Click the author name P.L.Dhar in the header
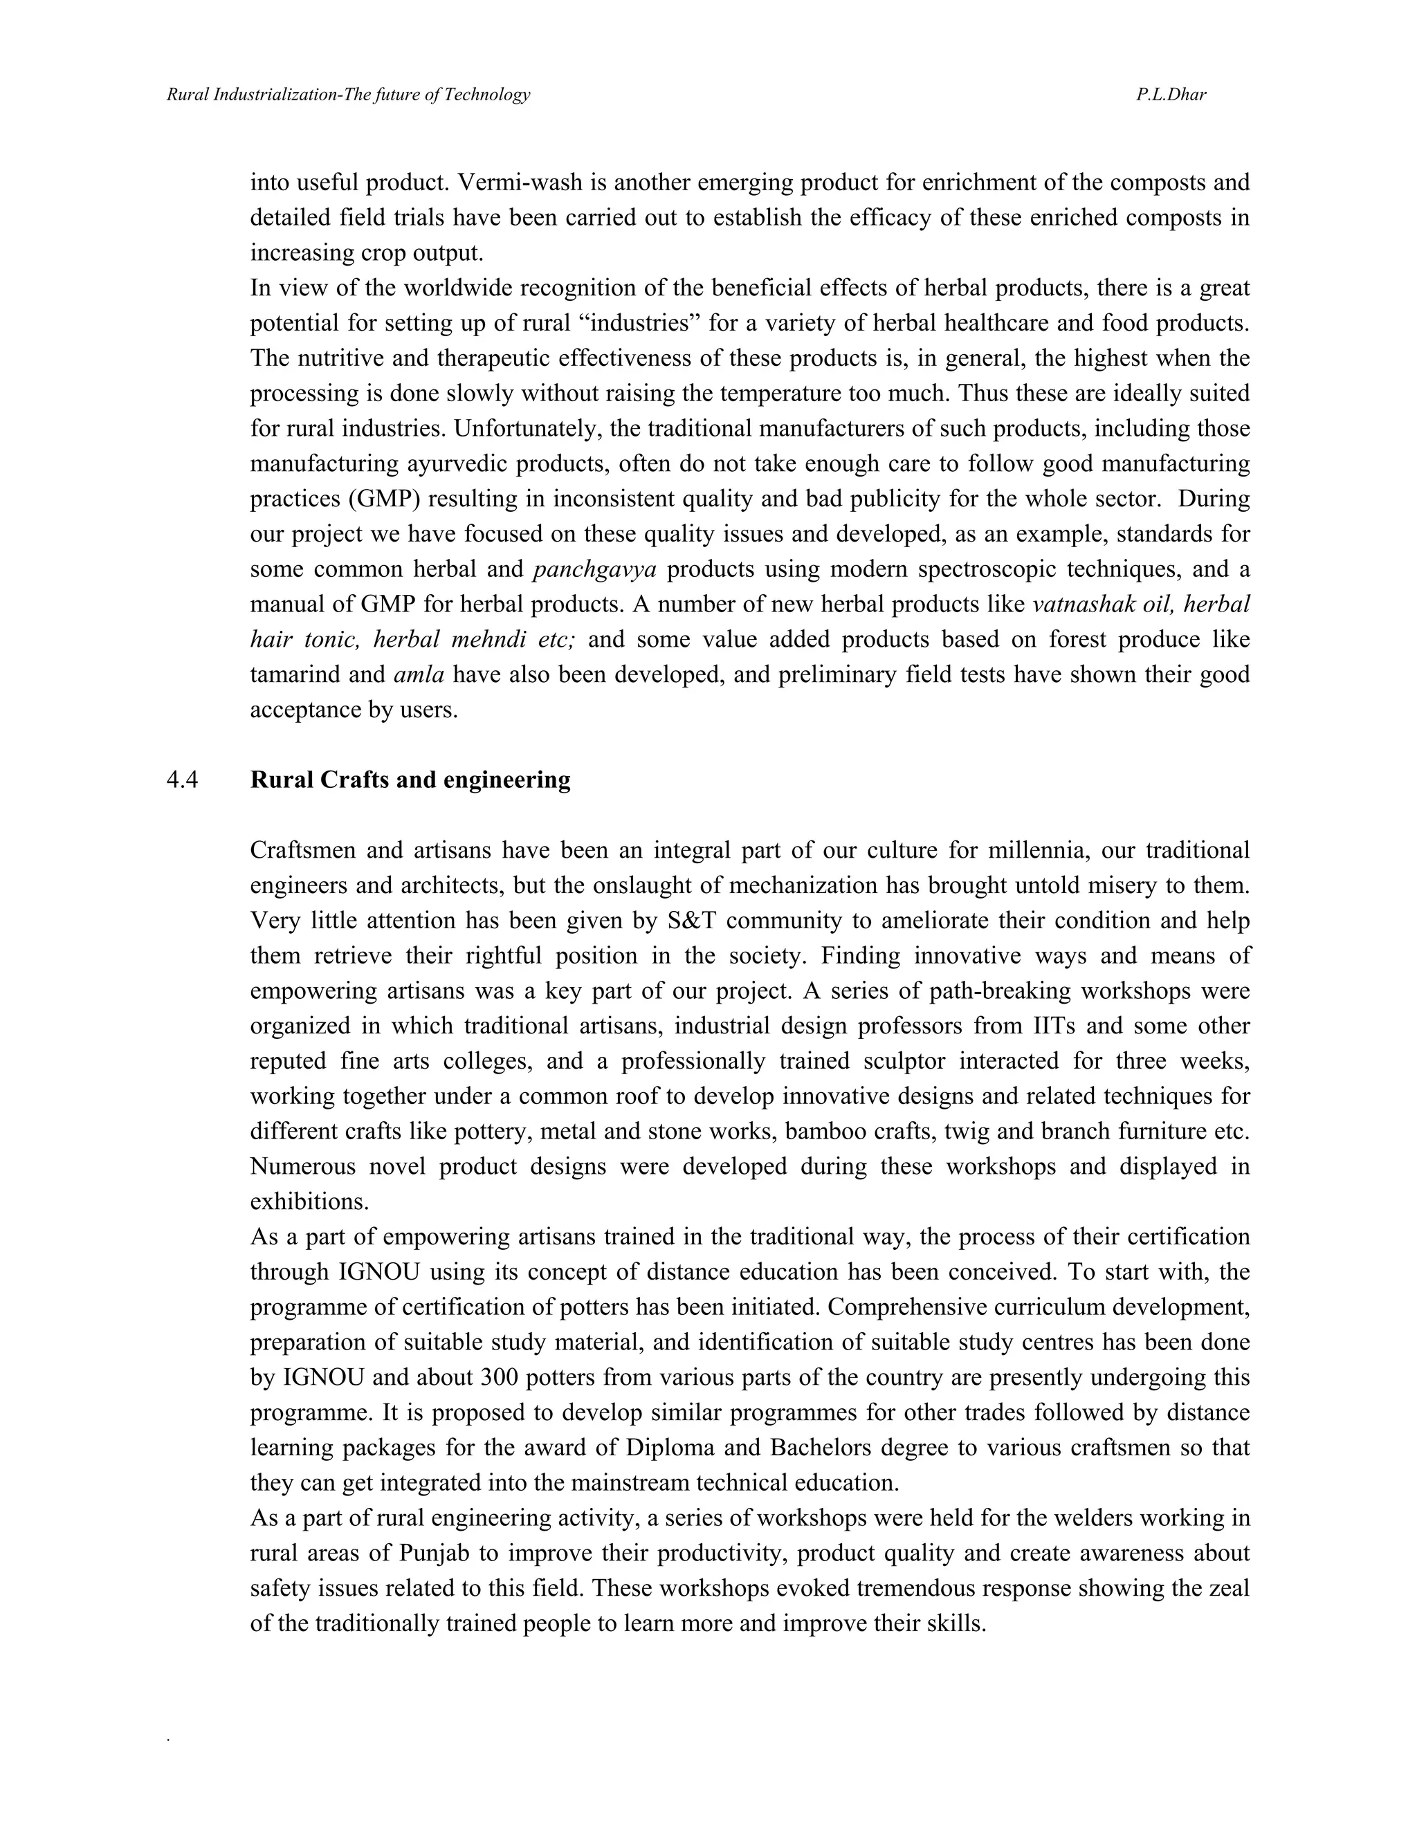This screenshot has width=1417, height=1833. click(x=1171, y=94)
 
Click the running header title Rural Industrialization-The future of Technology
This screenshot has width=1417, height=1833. click(x=349, y=94)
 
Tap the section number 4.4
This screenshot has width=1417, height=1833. click(x=182, y=780)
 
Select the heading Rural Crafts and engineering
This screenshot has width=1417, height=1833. click(x=410, y=780)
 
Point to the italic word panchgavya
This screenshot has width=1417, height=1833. click(x=594, y=569)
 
